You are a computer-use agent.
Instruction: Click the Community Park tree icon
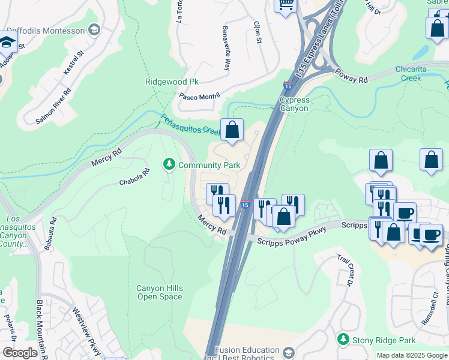169,164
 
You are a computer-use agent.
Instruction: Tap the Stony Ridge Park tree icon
343,340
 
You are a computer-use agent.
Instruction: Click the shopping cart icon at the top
286,5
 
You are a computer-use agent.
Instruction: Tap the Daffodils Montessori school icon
94,29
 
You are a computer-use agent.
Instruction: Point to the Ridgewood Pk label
172,82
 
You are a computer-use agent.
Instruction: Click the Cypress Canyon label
294,104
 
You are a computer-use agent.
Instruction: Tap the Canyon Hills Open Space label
159,293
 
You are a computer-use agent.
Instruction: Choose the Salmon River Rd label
53,106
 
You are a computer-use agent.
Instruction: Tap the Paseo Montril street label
200,95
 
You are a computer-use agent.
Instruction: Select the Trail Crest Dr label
345,273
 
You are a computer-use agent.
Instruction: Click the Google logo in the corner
20,353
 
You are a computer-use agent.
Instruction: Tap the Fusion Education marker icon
289,351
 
